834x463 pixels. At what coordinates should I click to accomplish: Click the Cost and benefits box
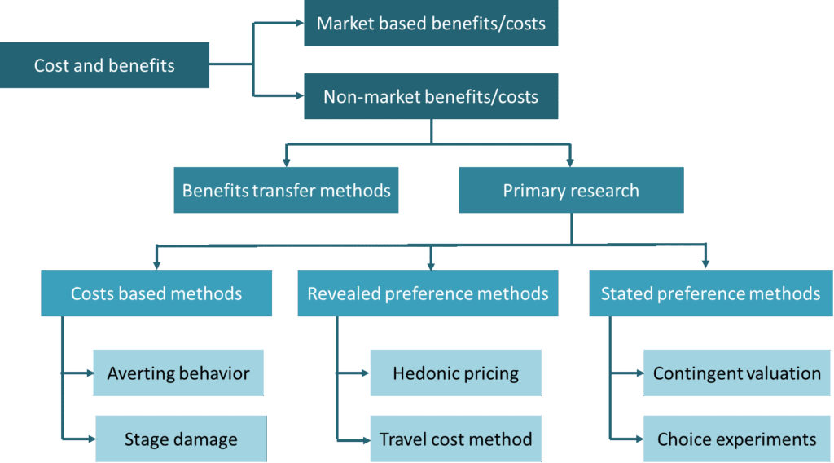pos(104,65)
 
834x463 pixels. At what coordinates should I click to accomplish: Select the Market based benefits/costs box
pos(431,23)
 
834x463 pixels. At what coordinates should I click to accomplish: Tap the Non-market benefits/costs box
pos(431,97)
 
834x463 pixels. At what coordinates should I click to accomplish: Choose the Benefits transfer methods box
pos(286,191)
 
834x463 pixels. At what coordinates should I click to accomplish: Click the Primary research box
pos(570,191)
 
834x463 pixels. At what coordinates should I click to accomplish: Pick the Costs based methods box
pos(156,293)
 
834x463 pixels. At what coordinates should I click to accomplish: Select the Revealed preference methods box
pos(428,293)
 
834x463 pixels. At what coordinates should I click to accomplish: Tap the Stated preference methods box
pos(710,293)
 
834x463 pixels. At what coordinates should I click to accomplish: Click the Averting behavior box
pos(178,373)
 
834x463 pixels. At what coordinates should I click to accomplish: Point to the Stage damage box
pos(181,439)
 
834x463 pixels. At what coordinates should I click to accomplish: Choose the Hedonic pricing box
pos(455,373)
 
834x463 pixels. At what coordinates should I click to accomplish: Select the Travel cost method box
pos(455,439)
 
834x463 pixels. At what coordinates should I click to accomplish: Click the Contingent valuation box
pos(736,373)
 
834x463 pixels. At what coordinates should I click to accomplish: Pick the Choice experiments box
pos(736,439)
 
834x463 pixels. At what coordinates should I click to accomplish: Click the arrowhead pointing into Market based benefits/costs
pos(299,23)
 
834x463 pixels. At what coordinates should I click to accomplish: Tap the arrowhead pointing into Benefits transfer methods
pos(286,162)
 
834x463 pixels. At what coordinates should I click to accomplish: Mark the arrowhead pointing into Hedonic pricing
pos(365,373)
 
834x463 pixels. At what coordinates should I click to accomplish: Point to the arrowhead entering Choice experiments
pos(638,439)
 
